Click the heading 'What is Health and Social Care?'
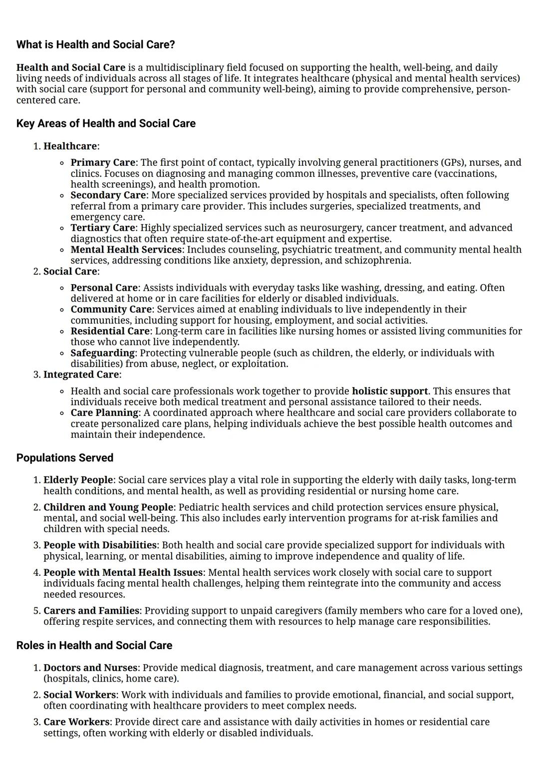pyautogui.click(x=95, y=44)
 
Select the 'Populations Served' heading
pyautogui.click(x=65, y=458)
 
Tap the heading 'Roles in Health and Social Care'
pyautogui.click(x=94, y=645)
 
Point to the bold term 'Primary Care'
pyautogui.click(x=102, y=162)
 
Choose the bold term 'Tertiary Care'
pyautogui.click(x=102, y=228)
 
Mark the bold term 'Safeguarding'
pyautogui.click(x=102, y=353)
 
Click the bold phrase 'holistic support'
pyautogui.click(x=390, y=391)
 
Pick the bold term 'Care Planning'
pyautogui.click(x=104, y=412)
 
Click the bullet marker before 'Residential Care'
pyautogui.click(x=61, y=332)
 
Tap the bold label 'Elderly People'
pyautogui.click(x=78, y=480)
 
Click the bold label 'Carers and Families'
pyautogui.click(x=91, y=611)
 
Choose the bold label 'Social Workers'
pyautogui.click(x=79, y=695)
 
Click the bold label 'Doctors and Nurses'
pyautogui.click(x=90, y=668)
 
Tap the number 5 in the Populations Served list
pyautogui.click(x=36, y=611)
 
